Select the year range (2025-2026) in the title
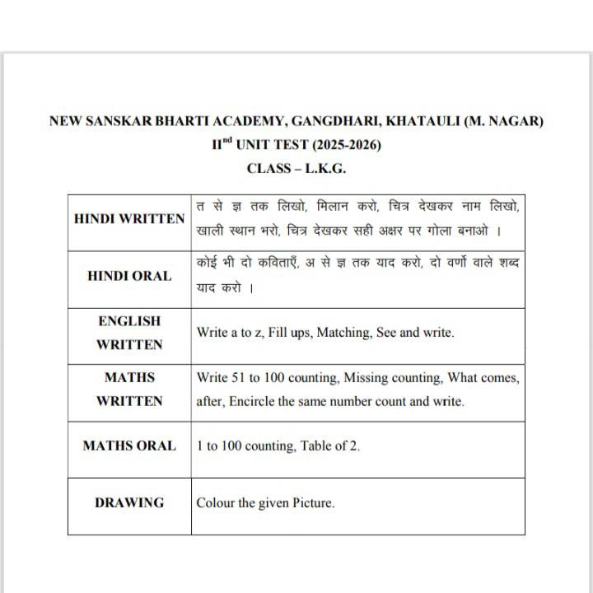345,144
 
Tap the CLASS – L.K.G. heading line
296,168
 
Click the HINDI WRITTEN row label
129,219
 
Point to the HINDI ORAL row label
129,276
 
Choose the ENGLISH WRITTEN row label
129,333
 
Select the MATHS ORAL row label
129,446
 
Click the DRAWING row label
129,502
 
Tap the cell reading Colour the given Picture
265,502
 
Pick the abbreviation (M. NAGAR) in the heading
503,121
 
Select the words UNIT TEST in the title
273,144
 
